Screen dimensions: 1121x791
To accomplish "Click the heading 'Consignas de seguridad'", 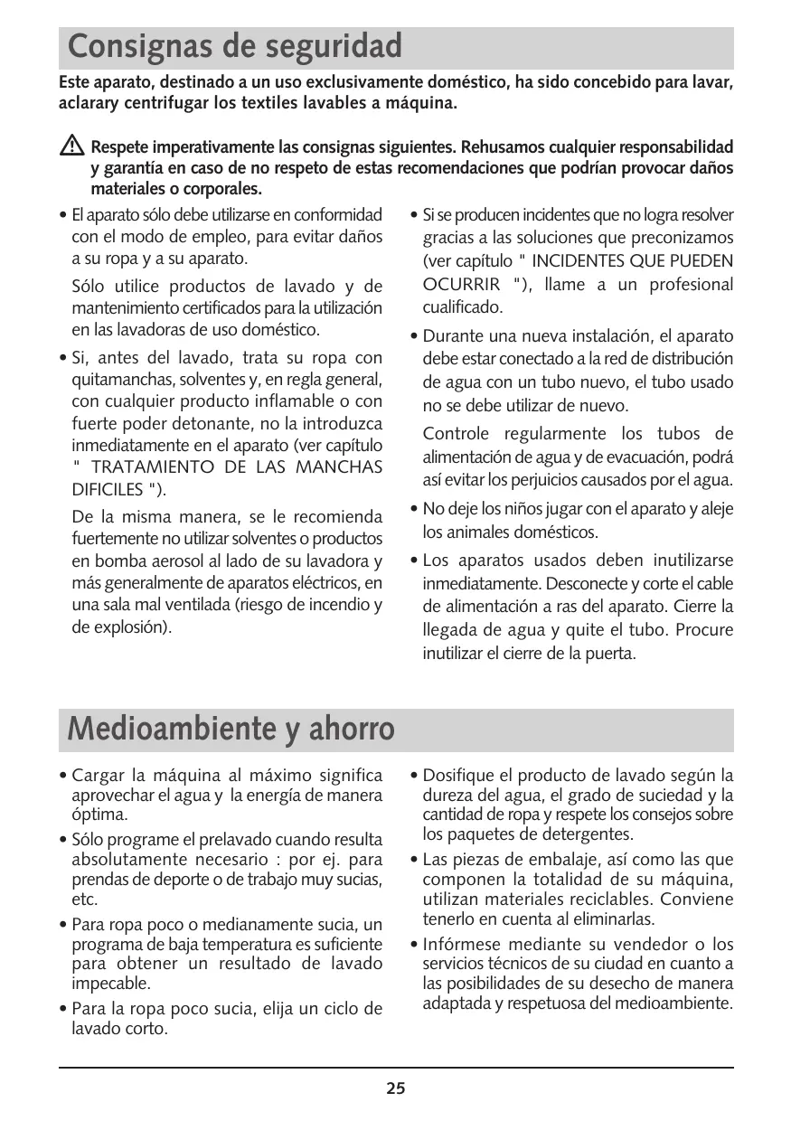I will pyautogui.click(x=235, y=45).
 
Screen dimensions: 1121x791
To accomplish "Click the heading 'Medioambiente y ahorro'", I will pyautogui.click(x=231, y=729).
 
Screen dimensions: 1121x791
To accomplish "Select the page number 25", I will pyautogui.click(x=396, y=1088).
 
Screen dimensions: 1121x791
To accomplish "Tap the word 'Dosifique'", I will pyautogui.click(x=459, y=776).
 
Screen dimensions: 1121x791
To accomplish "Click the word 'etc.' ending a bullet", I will pyautogui.click(x=84, y=899).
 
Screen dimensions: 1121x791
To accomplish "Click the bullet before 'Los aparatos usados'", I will pyautogui.click(x=413, y=560).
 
